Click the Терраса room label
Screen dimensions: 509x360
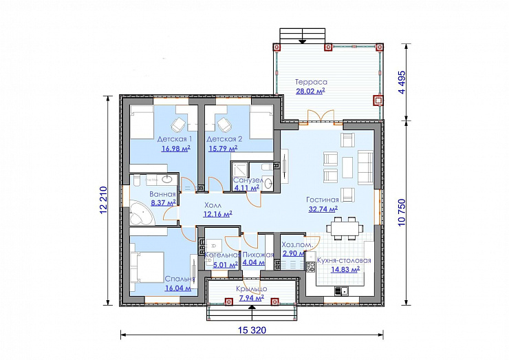311,82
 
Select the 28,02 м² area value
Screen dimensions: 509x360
310,91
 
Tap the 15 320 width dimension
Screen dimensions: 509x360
252,330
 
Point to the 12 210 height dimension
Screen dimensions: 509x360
103,200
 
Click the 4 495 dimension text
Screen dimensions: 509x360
402,83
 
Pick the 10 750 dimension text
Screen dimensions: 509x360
402,213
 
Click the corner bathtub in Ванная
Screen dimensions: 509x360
142,213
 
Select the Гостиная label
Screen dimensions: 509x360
323,200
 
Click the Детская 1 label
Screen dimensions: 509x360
175,139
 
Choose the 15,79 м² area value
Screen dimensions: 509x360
223,149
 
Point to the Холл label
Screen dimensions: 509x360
213,205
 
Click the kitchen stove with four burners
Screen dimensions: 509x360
310,267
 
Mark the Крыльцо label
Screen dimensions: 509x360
252,289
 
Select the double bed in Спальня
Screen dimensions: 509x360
147,268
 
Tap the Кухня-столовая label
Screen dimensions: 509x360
344,261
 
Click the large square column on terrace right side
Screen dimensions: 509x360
378,100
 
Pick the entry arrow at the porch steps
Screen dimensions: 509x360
252,307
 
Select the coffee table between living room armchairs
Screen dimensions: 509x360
347,168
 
